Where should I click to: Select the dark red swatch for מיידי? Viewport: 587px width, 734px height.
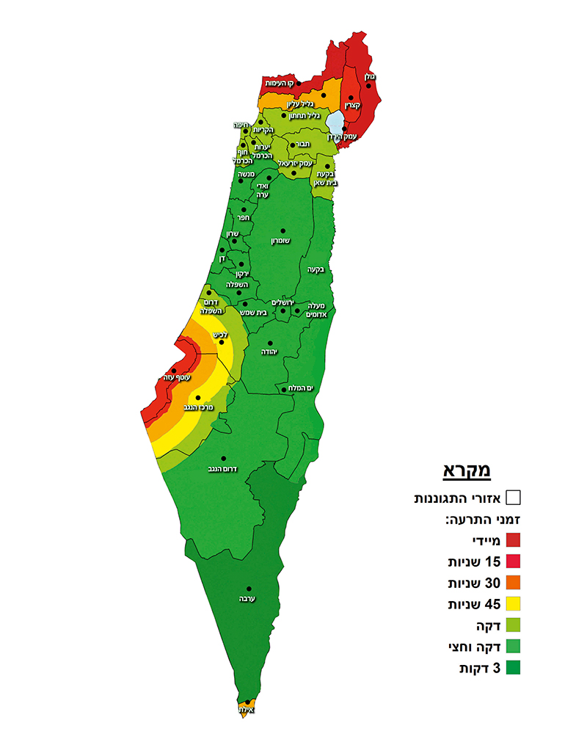tap(513, 541)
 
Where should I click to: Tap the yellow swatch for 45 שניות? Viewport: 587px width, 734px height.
tap(513, 604)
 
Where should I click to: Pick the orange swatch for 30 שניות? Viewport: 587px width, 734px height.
tap(513, 583)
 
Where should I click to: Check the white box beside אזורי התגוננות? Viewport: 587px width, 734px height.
tap(513, 498)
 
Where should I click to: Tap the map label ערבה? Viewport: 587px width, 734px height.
tap(247, 599)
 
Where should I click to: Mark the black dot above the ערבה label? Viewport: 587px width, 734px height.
tap(249, 589)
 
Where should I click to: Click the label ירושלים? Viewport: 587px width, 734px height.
tap(282, 302)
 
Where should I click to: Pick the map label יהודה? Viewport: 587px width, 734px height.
tap(270, 352)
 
